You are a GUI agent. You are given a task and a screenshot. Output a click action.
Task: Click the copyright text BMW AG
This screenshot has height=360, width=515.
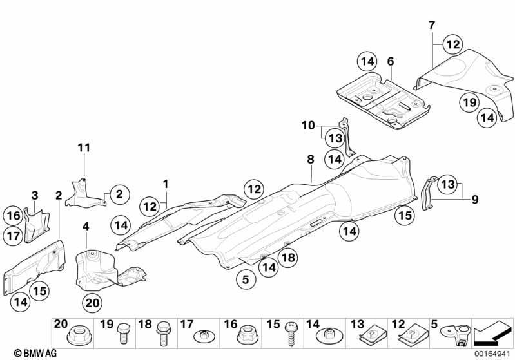[x=35, y=353]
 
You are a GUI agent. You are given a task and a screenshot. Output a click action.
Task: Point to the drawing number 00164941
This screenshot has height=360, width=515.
[x=492, y=354]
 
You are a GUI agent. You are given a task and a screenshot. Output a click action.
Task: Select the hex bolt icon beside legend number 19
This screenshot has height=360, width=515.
[x=124, y=333]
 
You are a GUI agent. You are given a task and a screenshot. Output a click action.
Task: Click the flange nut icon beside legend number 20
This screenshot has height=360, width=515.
[x=79, y=336]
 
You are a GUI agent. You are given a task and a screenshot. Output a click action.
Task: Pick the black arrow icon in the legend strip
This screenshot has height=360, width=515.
[x=492, y=334]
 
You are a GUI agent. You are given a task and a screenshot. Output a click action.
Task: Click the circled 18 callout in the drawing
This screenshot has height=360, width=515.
[x=288, y=258]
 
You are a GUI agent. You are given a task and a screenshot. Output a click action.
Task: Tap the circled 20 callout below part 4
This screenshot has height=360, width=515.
[x=92, y=303]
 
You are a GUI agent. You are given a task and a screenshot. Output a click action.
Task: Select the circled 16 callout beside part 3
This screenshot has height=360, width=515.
[x=14, y=216]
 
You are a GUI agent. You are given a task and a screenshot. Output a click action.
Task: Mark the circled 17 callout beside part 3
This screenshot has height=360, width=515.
[x=14, y=236]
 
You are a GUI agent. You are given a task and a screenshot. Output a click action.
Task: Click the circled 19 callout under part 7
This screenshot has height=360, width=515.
[x=469, y=102]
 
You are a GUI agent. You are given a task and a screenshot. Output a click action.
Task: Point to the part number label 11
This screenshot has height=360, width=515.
[x=84, y=147]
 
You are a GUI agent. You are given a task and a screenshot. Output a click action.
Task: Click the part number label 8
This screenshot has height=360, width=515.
[x=311, y=160]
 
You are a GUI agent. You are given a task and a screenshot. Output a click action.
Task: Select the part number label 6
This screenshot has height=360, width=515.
[x=390, y=61]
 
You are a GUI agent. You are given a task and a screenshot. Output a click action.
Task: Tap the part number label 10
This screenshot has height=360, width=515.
[x=308, y=125]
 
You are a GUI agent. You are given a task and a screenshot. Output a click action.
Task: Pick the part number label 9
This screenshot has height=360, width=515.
[x=475, y=199]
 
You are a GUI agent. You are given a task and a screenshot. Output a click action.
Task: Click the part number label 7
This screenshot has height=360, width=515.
[x=432, y=25]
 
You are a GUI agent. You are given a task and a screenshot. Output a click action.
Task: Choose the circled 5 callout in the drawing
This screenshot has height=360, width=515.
[x=246, y=279]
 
